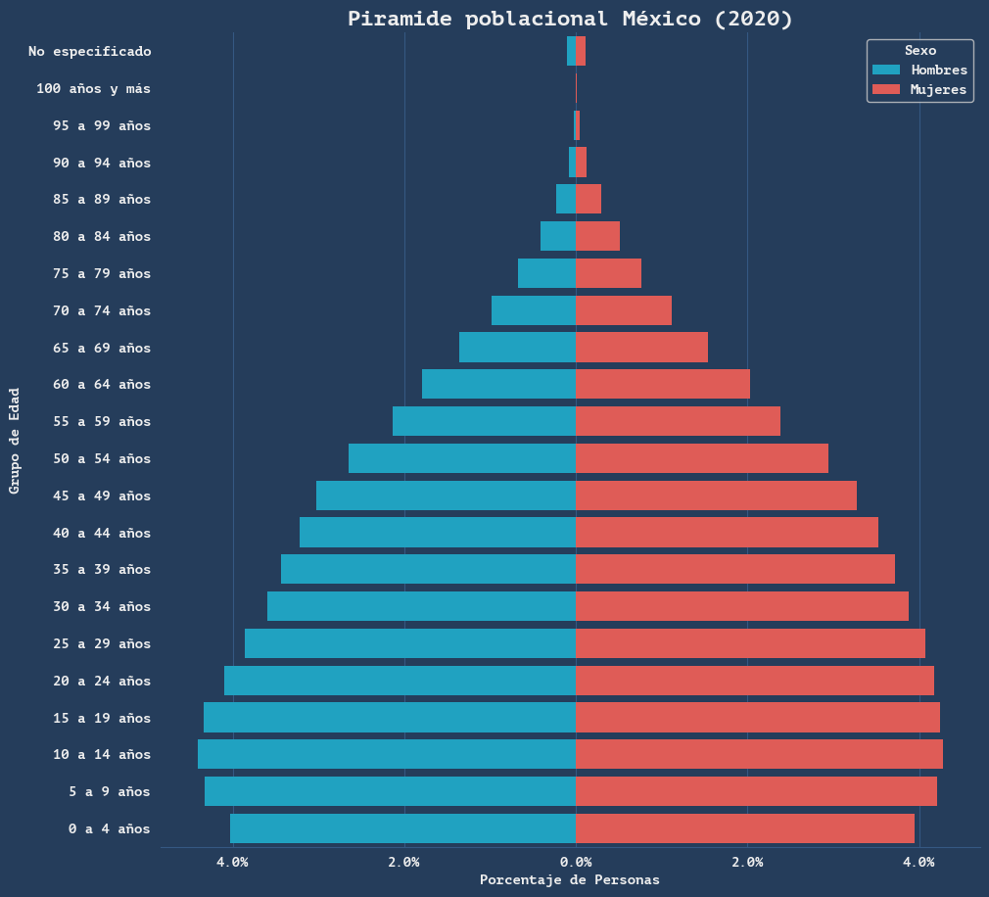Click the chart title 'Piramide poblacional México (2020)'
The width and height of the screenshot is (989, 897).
tap(570, 19)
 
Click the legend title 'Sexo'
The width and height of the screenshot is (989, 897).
tap(919, 50)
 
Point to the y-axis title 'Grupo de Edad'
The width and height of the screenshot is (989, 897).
tap(15, 440)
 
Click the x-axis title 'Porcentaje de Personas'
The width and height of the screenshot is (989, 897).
tap(570, 879)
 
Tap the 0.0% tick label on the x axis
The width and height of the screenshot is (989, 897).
tap(576, 862)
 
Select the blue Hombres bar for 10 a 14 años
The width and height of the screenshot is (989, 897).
tap(387, 754)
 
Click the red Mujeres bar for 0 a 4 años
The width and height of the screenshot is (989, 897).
tap(745, 828)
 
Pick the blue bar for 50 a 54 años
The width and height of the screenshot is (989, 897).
tap(462, 458)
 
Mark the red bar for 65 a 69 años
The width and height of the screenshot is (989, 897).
tap(641, 348)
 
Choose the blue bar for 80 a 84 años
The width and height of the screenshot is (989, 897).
tap(558, 236)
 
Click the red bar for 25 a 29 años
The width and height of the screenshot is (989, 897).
tap(750, 643)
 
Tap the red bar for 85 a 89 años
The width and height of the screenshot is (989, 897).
tap(589, 199)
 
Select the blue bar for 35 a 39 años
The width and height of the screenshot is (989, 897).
tap(428, 569)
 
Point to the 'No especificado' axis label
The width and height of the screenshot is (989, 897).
tap(90, 51)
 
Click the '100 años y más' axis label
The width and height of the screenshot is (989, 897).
tap(94, 88)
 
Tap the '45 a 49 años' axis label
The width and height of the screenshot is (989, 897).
tap(102, 496)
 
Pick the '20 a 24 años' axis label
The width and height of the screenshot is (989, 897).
tap(102, 681)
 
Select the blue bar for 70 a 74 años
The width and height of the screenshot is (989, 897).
tap(534, 310)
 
